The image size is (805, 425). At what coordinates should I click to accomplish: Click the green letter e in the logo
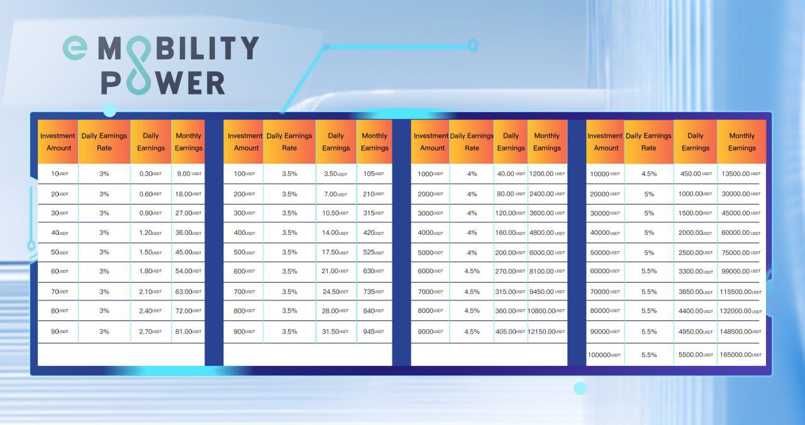[x=75, y=48]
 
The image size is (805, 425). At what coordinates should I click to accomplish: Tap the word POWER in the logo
[x=163, y=82]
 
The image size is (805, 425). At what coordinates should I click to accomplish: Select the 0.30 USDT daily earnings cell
[x=150, y=174]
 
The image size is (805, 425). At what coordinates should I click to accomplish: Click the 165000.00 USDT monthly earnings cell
[x=740, y=355]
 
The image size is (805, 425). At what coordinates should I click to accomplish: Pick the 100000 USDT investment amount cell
[x=604, y=355]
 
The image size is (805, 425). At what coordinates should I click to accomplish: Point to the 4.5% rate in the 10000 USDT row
[x=649, y=174]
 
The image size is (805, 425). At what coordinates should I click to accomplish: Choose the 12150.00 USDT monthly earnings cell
[x=547, y=331]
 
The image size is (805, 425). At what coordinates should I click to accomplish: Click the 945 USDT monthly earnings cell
[x=374, y=331]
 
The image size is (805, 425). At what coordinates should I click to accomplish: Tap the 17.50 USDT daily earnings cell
[x=335, y=252]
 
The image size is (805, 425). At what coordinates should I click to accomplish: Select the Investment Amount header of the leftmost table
[x=58, y=142]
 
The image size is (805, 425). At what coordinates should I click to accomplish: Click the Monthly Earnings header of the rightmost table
[x=741, y=142]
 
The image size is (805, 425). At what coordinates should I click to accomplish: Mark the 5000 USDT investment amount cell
[x=430, y=252]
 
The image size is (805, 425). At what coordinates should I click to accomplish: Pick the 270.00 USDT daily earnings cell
[x=510, y=271]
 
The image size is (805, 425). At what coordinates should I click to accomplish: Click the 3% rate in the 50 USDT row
[x=104, y=252]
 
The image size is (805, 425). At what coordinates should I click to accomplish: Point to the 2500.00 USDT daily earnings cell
[x=696, y=252]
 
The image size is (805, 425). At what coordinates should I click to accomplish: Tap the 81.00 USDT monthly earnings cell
[x=188, y=331]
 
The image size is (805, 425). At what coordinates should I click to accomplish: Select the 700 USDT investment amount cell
[x=245, y=292]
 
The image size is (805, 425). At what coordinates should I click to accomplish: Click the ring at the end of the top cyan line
[x=473, y=45]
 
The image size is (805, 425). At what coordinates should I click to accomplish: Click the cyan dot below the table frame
[x=580, y=388]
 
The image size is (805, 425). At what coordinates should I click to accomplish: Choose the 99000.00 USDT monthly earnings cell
[x=741, y=271]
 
